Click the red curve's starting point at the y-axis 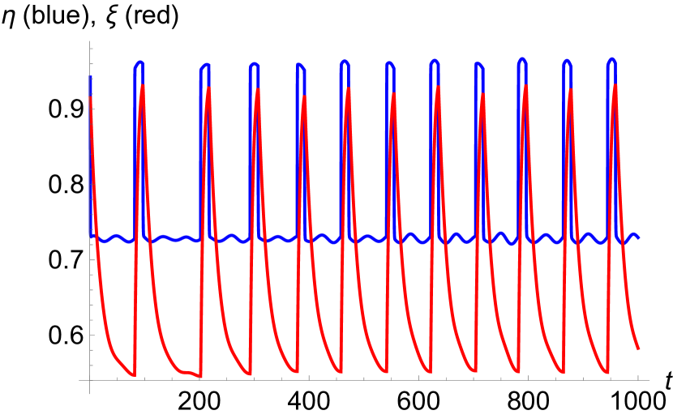click(x=90, y=97)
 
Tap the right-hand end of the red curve click(x=638, y=348)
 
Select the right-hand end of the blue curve click(x=638, y=237)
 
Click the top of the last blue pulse click(x=611, y=60)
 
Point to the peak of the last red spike click(x=615, y=85)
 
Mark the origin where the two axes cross click(x=90, y=379)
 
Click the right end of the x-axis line click(x=649, y=379)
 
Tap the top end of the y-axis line click(x=90, y=41)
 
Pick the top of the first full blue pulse click(x=139, y=62)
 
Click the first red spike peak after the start click(x=143, y=86)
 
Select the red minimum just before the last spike click(x=607, y=373)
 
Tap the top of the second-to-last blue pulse click(x=567, y=61)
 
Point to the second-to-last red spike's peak click(x=570, y=89)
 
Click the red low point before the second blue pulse click(x=199, y=376)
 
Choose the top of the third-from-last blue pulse click(x=521, y=59)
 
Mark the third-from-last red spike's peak click(x=525, y=86)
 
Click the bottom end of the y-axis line click(x=90, y=395)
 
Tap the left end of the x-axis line click(x=79, y=379)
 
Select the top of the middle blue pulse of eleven click(x=390, y=63)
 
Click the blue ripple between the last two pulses click(x=588, y=234)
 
